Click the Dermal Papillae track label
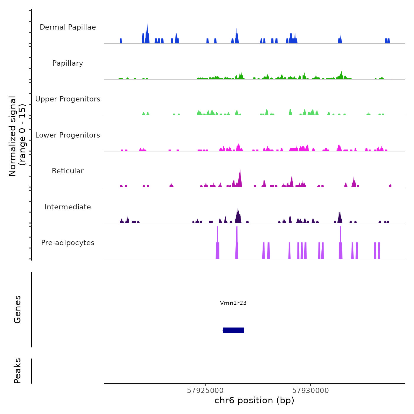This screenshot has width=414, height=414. pos(68,27)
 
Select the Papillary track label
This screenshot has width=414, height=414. pos(68,63)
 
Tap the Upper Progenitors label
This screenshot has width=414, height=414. pos(68,99)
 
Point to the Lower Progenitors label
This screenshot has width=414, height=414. pos(68,135)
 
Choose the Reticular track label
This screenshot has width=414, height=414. pos(68,171)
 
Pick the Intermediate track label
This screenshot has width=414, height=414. pos(68,207)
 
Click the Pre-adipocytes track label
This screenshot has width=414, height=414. pos(68,243)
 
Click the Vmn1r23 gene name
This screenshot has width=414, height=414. pos(233,303)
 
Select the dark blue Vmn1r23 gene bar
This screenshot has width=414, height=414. pos(233,330)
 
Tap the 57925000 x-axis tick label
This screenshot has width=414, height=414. pos(205,391)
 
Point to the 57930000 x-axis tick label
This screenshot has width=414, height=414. pos(310,391)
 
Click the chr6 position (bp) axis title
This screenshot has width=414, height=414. pos(254,400)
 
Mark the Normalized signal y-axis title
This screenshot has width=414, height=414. pos(17,136)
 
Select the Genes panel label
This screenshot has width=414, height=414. pos(17,309)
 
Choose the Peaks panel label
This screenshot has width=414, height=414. pos(17,371)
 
